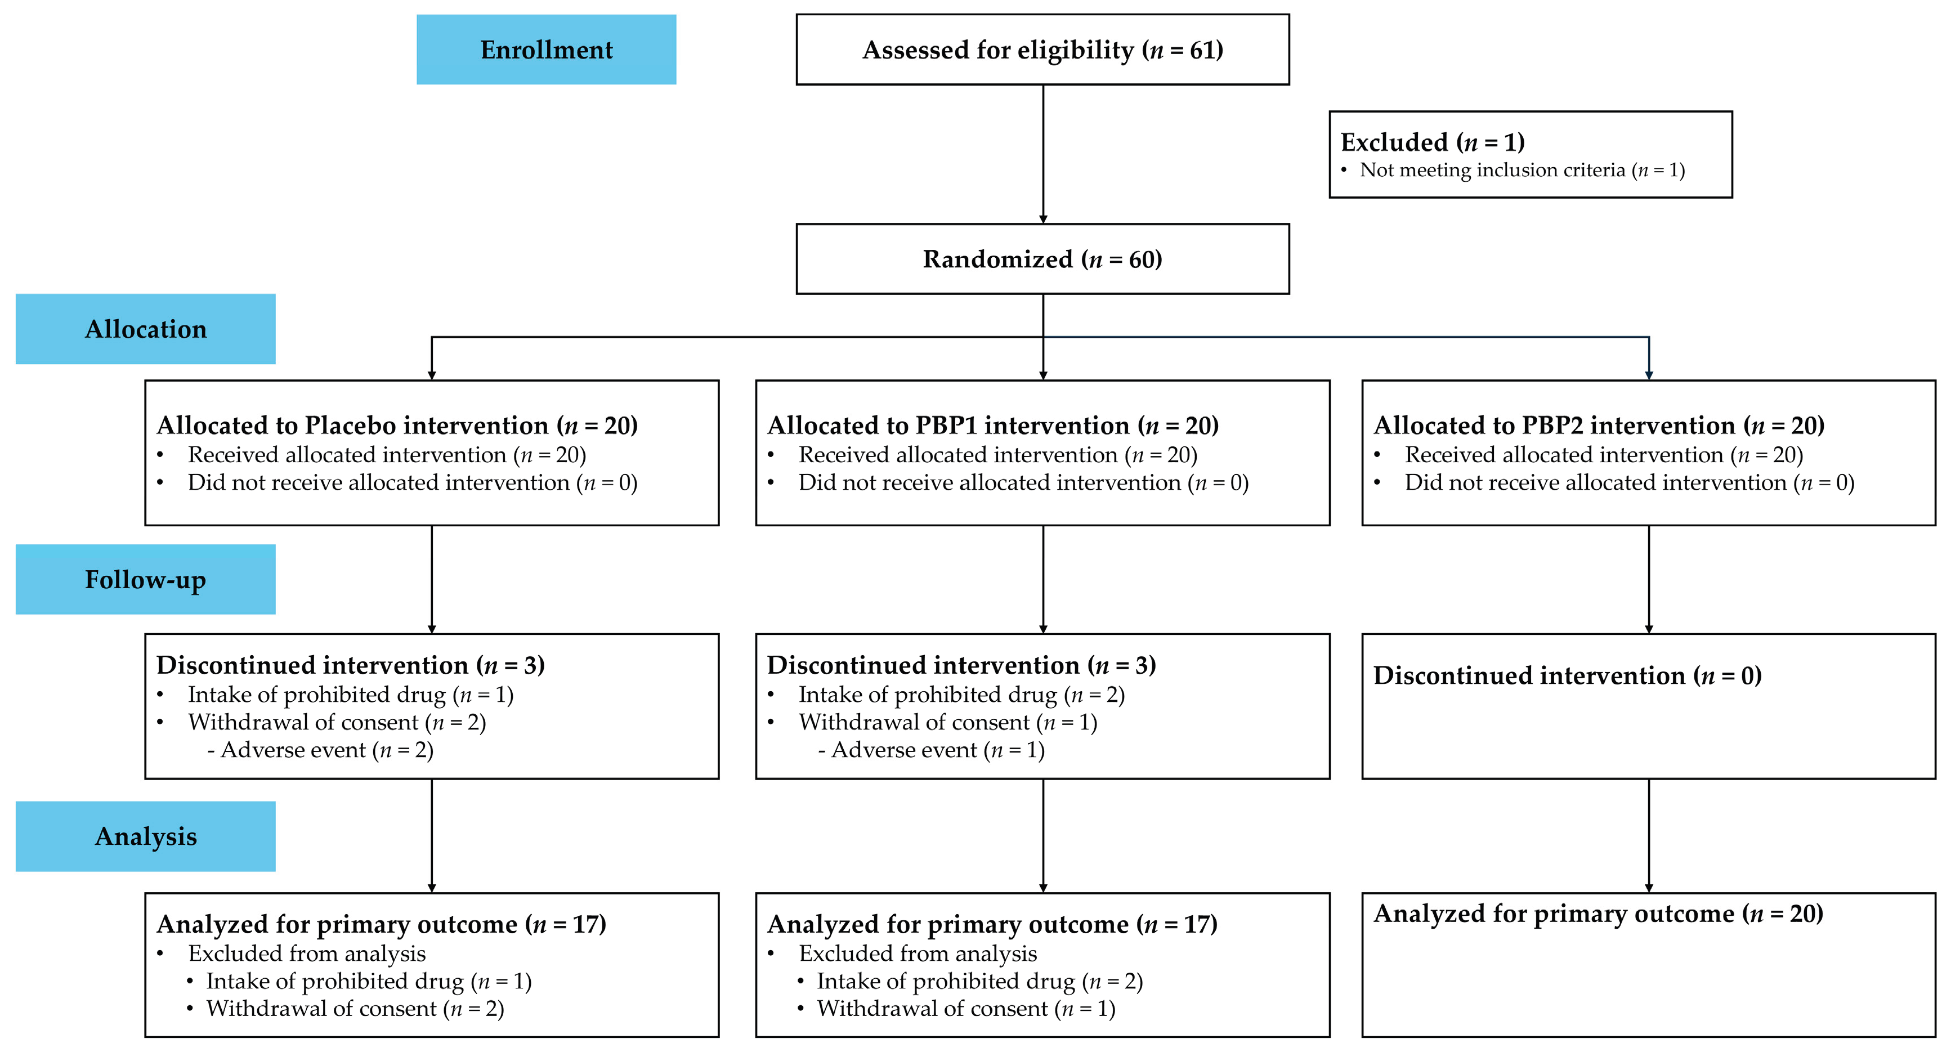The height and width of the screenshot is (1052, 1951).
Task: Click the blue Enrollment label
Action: point(546,49)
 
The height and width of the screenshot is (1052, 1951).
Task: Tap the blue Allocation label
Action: point(145,329)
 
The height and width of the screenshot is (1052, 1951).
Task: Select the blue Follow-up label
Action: point(145,579)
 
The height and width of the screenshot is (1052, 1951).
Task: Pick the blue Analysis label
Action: point(145,836)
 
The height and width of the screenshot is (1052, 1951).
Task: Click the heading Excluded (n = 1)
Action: point(1432,142)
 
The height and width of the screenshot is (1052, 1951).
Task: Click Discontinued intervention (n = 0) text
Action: point(1567,675)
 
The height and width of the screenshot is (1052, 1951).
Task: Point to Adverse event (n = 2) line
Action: point(320,750)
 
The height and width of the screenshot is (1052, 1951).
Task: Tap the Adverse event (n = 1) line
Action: point(931,750)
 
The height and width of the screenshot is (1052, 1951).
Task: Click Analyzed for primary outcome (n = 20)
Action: point(1598,914)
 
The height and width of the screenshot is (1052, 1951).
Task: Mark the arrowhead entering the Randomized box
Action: point(1043,219)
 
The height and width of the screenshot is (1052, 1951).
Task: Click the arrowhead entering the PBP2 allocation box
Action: point(1649,375)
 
